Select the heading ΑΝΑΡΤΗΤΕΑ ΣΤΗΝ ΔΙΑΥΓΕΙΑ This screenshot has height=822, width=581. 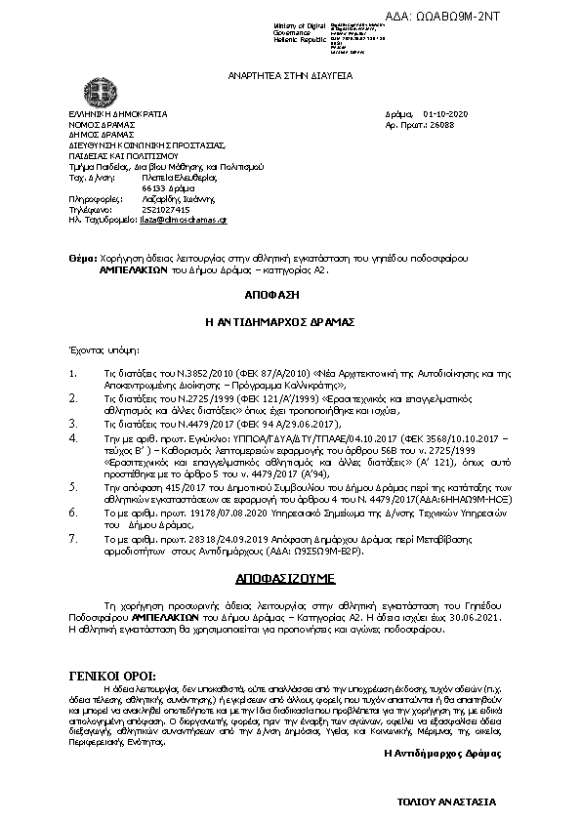tap(290, 75)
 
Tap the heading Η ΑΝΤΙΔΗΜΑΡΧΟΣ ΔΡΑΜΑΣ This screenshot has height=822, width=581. tap(290, 320)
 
